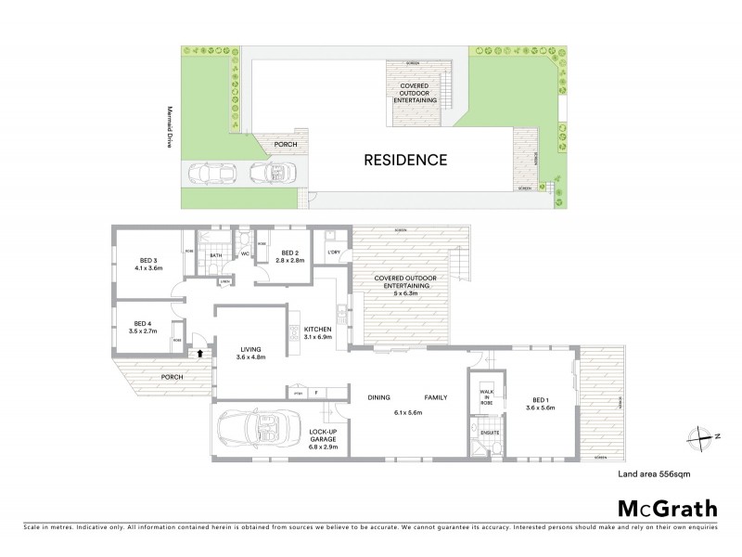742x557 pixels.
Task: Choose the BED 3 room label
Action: coord(147,262)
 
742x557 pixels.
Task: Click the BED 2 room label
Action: coord(288,253)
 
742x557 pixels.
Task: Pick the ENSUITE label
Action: coord(488,432)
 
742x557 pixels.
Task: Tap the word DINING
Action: coord(377,396)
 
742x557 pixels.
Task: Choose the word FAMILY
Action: coord(436,396)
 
